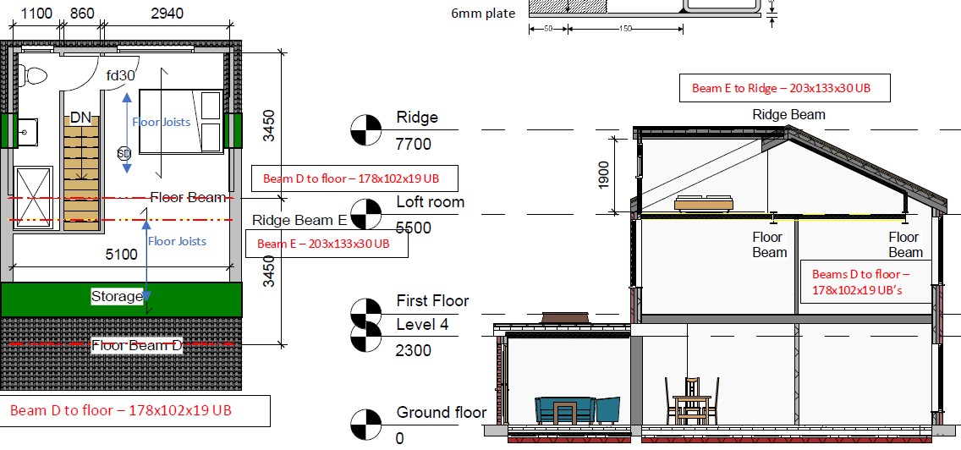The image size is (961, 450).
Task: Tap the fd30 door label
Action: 120,75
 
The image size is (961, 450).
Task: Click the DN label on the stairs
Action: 80,118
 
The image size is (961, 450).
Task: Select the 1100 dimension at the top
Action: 36,13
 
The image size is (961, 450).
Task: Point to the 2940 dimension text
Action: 167,13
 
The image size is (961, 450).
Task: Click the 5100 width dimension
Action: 121,254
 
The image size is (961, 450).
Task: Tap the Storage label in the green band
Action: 117,297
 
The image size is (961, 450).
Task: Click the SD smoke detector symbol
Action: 124,153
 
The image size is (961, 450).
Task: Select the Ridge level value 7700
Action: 414,144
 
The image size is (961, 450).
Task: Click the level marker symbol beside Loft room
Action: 366,214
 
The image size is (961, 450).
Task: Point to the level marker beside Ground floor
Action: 366,425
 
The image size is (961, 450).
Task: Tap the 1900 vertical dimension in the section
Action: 604,175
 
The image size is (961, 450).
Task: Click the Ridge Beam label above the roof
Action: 788,115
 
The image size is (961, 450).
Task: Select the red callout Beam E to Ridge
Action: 781,88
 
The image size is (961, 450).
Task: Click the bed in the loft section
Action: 704,203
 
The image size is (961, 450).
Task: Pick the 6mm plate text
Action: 483,13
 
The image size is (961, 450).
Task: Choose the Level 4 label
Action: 422,324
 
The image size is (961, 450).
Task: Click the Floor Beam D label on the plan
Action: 137,346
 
